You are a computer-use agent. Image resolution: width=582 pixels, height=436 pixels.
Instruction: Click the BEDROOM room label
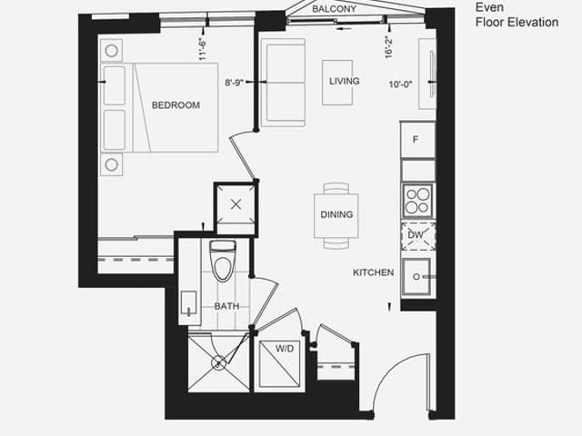tap(176, 105)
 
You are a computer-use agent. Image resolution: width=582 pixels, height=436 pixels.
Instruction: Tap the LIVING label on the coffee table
tap(345, 81)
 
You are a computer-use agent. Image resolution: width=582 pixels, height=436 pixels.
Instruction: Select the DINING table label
tap(336, 214)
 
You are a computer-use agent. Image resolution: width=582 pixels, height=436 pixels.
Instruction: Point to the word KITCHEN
tap(373, 272)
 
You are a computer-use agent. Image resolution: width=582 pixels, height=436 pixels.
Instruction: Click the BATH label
tap(226, 306)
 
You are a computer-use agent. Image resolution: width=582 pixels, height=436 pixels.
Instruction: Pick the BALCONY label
tap(334, 9)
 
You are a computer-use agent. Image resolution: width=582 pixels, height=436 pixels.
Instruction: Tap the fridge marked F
tap(417, 140)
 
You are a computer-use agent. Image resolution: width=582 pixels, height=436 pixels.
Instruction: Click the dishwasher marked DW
tap(418, 235)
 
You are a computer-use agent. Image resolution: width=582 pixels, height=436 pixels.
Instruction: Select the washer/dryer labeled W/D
tap(280, 364)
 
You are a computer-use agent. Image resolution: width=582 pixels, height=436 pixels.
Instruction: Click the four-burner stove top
tap(418, 201)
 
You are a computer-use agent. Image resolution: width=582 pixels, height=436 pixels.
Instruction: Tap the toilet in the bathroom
tap(223, 261)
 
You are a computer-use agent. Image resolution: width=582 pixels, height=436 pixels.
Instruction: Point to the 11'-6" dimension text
tap(202, 49)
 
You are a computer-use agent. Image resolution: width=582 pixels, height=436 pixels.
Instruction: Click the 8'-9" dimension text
tap(235, 83)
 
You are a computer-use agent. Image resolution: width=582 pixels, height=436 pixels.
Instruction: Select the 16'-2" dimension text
tap(388, 47)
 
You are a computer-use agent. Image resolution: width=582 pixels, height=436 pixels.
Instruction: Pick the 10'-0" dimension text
tap(401, 84)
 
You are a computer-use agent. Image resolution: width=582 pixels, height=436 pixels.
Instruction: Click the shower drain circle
tap(218, 362)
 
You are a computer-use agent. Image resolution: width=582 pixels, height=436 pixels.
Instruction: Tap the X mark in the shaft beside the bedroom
tap(236, 204)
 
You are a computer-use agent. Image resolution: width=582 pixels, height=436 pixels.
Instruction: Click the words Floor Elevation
tap(517, 22)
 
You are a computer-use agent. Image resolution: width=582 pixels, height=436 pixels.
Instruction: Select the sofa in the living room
tap(283, 83)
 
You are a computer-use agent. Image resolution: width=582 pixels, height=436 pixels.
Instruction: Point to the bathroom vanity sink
tap(189, 304)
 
